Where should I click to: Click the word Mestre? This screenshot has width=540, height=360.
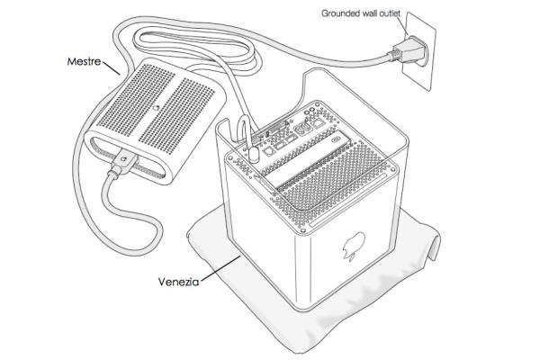(84, 62)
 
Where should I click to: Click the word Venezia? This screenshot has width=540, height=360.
(179, 282)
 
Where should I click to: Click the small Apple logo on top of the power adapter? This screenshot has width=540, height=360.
(156, 107)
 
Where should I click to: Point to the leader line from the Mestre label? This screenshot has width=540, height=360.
(111, 67)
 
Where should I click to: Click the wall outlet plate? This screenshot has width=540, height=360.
(419, 51)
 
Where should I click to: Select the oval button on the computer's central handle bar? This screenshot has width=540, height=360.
(336, 140)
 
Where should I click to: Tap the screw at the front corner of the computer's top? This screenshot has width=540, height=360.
(302, 230)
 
